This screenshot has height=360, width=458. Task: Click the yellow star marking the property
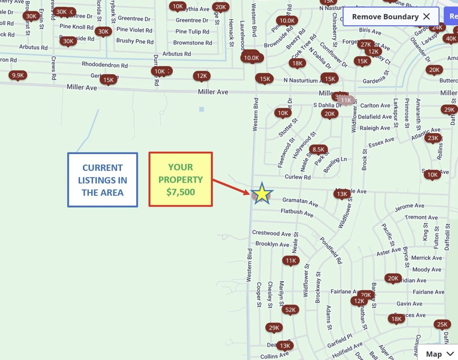tap(262, 194)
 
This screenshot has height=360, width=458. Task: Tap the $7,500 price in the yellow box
tap(181, 192)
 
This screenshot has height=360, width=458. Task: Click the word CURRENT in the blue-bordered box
tap(103, 168)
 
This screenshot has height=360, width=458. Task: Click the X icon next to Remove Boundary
tap(427, 16)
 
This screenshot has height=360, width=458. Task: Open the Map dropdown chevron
tap(450, 354)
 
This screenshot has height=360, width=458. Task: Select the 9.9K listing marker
tap(18, 75)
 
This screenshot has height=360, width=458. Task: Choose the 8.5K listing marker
tap(318, 149)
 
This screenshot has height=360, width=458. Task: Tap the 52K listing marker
tap(290, 310)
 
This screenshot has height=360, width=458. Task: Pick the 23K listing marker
tap(433, 138)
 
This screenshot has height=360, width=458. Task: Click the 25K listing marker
tap(442, 325)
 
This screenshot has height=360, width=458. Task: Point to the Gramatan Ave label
tap(300, 202)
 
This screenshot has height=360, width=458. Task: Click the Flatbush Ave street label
tap(297, 213)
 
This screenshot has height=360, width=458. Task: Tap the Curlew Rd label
tap(298, 177)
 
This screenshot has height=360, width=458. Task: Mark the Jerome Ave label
tap(409, 208)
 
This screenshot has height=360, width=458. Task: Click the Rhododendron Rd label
tap(105, 64)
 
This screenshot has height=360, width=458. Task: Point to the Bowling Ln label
tap(335, 164)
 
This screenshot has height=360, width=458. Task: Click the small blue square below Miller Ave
tap(202, 109)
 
